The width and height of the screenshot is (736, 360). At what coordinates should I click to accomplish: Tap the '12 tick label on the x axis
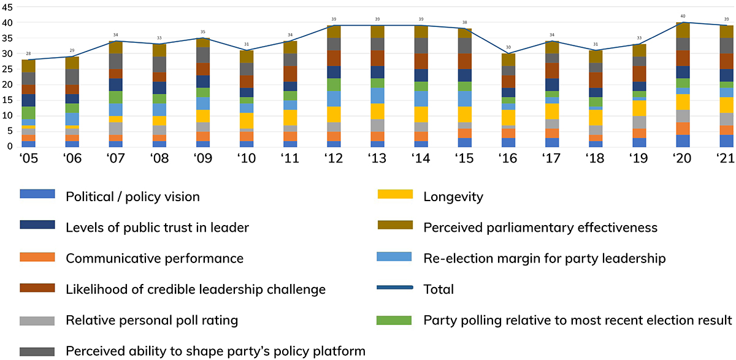tap(334, 158)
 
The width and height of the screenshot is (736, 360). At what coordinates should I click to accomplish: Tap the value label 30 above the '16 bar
tap(509, 48)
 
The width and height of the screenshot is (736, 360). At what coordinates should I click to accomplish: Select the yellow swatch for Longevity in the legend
tap(395, 196)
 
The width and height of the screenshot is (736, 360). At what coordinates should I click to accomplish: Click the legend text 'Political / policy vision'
tap(132, 197)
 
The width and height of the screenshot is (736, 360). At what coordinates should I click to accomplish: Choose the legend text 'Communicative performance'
tap(155, 258)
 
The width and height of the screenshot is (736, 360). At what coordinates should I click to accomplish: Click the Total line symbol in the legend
tap(395, 288)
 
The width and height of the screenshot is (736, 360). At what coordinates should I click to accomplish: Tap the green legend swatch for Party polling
tap(395, 319)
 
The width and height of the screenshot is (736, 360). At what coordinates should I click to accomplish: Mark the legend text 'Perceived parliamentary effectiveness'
tap(540, 228)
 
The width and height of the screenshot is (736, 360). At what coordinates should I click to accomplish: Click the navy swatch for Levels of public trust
tap(37, 226)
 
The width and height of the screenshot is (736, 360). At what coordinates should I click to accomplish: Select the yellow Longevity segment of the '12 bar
tap(334, 115)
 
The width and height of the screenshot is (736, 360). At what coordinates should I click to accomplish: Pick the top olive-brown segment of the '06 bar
tap(72, 63)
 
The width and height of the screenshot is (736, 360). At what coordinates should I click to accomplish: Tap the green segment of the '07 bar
tap(116, 98)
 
